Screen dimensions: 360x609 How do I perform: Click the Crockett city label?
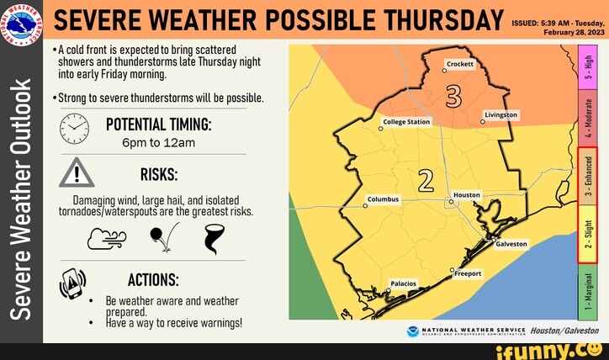[x=460, y=64]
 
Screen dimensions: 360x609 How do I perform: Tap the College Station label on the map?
[x=406, y=122]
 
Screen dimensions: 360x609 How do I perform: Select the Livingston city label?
[x=502, y=114]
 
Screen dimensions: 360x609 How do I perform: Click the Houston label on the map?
[x=466, y=194]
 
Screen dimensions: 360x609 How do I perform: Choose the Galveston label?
[x=511, y=244]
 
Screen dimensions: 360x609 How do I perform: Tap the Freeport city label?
[x=468, y=273]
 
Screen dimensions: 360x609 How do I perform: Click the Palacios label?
[x=404, y=283]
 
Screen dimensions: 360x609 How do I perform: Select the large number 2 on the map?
[x=426, y=180]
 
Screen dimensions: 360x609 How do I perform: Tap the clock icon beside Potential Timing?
[x=74, y=128]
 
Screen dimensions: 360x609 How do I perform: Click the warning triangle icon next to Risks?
[x=76, y=173]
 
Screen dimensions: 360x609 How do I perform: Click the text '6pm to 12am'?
[x=158, y=142]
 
